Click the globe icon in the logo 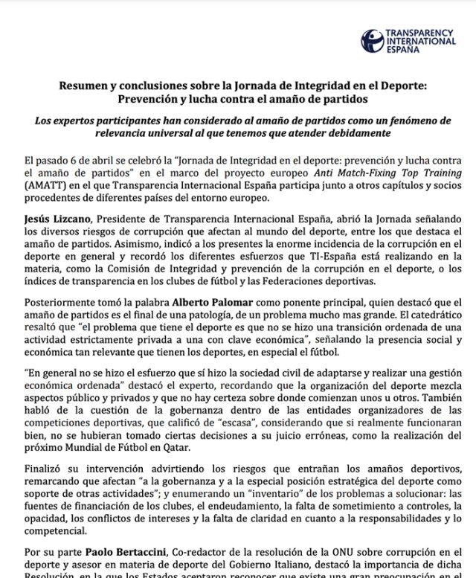(x=373, y=39)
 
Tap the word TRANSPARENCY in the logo (x=420, y=33)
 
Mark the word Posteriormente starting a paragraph (x=63, y=303)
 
